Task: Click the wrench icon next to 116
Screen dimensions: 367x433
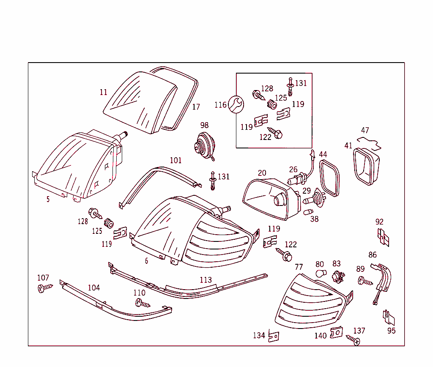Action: click(236, 104)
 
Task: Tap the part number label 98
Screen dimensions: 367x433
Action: click(204, 125)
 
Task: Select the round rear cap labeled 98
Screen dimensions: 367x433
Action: click(203, 145)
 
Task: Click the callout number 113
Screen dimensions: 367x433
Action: click(206, 280)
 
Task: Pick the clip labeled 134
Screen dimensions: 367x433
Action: click(274, 336)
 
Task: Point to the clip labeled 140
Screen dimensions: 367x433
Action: click(336, 333)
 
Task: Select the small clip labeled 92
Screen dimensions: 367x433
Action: click(383, 238)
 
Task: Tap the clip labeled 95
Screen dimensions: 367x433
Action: click(388, 316)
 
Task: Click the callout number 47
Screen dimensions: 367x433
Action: click(365, 131)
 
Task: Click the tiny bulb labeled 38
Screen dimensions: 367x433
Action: click(308, 211)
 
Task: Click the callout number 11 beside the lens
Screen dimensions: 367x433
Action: click(104, 92)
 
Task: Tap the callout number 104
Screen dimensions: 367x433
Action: click(94, 288)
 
